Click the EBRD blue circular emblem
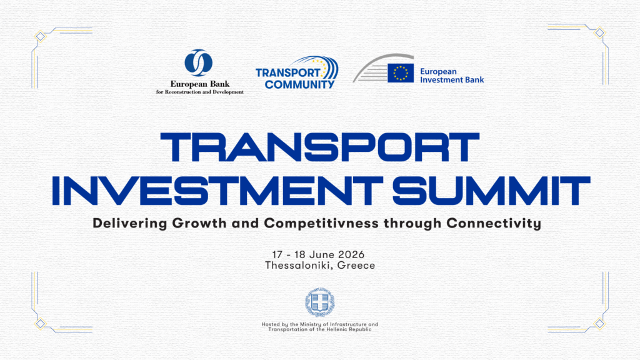coord(198,63)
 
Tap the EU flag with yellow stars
coord(401,73)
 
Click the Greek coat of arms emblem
coord(320,302)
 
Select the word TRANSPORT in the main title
coord(319,147)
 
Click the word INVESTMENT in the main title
coord(217,191)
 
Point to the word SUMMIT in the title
coord(491,191)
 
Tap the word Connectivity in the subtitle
coord(494,223)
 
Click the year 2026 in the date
coord(351,255)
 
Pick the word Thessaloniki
coord(299,266)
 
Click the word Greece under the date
coord(356,266)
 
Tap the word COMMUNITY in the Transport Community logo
coord(299,84)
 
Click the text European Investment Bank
coord(452,76)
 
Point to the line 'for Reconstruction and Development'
coord(200,92)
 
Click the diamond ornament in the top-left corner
coord(40,36)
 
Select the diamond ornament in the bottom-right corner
coord(599,324)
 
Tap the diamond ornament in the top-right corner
coord(599,32)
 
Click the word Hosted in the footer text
coord(271,324)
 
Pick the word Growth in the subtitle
coord(199,223)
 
